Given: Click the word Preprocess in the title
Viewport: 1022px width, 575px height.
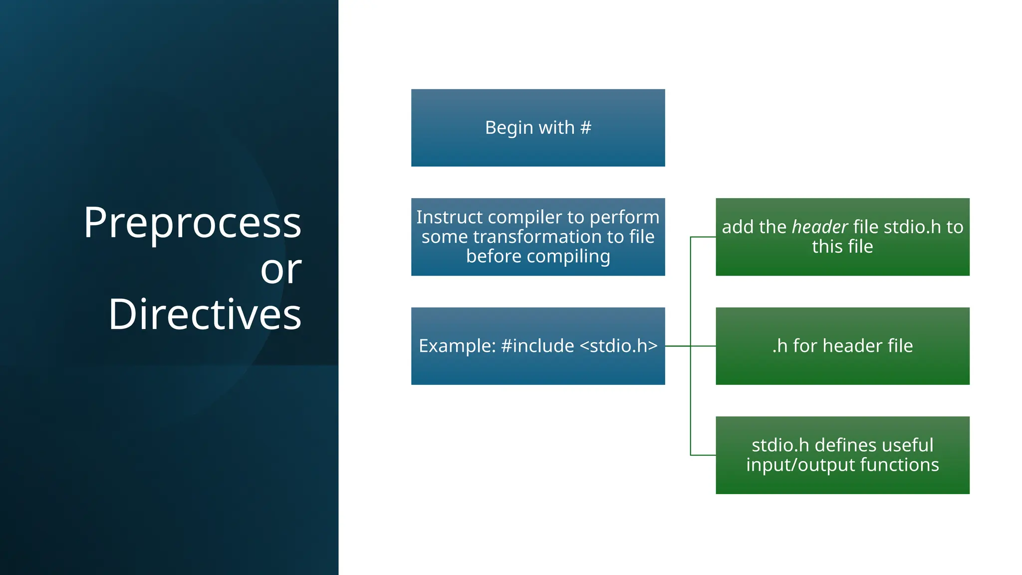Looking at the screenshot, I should (192, 223).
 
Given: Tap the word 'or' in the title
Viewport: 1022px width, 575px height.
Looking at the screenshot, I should (281, 270).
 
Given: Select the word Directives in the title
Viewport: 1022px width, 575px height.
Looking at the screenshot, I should (205, 314).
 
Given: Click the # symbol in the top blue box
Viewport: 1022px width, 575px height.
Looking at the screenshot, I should (586, 128).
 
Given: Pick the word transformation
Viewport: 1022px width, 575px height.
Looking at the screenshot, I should (537, 237).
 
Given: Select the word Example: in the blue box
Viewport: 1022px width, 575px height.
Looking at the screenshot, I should (457, 346).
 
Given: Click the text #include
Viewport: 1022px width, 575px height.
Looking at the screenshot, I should (537, 346).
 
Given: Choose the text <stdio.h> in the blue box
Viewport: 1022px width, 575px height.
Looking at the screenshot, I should (619, 346).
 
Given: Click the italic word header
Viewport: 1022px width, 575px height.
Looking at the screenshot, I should (820, 227).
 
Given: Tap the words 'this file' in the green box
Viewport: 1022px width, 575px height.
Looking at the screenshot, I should (842, 247).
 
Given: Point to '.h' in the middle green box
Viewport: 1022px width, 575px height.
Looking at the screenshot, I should (779, 346).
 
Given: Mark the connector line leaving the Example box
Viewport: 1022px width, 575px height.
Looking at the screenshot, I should (678, 346).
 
